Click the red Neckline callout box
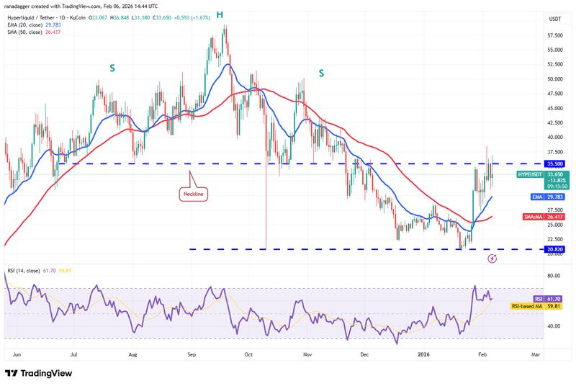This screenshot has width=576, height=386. coord(194,194)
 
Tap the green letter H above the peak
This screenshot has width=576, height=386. coord(220,14)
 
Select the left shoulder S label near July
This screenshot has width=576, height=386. coord(112,68)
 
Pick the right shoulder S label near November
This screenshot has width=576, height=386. coord(321,73)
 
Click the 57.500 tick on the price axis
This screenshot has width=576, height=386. coord(555,35)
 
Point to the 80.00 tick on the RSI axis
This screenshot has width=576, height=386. coord(554,276)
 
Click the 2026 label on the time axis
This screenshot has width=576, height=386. coord(423,355)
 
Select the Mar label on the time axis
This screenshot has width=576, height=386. coord(536,355)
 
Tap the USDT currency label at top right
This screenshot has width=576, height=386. coord(555,19)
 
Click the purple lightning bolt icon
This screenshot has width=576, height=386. coord(492,258)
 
